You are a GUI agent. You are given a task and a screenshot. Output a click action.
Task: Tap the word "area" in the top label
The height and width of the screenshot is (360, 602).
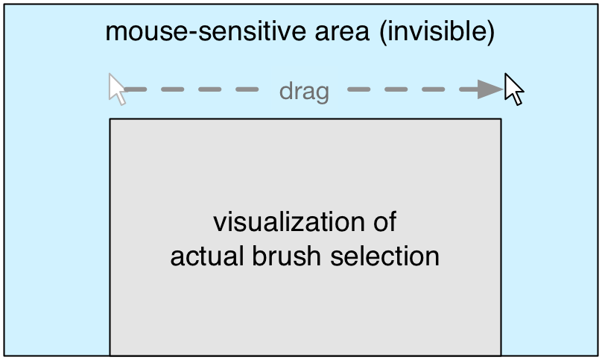point(342,32)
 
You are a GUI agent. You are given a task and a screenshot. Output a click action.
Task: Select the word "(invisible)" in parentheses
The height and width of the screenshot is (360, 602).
point(437,32)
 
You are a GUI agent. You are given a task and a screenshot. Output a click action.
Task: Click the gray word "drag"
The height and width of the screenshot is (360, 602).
point(304,92)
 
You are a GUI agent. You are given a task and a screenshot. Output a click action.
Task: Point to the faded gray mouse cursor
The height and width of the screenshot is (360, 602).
point(117,89)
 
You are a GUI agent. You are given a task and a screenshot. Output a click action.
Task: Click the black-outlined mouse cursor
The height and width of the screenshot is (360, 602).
point(513,89)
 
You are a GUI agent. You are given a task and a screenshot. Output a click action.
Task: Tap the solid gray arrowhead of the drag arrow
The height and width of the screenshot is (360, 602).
point(490,89)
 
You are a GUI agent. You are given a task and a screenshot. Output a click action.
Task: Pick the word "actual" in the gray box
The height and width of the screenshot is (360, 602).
point(207,256)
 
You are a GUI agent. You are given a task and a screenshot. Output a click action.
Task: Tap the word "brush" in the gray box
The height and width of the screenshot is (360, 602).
point(286,256)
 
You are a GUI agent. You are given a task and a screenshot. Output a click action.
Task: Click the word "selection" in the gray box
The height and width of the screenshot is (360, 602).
point(384,256)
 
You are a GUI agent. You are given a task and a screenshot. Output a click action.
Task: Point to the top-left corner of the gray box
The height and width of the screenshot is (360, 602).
point(110,119)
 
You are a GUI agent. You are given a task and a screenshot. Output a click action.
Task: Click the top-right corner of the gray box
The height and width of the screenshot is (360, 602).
point(501,119)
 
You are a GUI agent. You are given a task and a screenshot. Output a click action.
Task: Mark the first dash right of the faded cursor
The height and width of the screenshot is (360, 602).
point(136,89)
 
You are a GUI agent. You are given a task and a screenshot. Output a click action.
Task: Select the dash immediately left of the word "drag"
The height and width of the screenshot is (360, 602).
point(247,89)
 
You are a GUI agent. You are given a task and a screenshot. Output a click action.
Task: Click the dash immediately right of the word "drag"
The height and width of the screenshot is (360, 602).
point(359,89)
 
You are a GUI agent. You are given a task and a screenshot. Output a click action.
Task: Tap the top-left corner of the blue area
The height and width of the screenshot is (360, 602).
point(4,4)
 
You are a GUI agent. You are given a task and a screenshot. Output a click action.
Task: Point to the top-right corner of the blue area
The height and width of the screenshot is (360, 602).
point(598,4)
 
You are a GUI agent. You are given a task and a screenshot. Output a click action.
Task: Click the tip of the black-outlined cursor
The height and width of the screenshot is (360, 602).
point(506,73)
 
